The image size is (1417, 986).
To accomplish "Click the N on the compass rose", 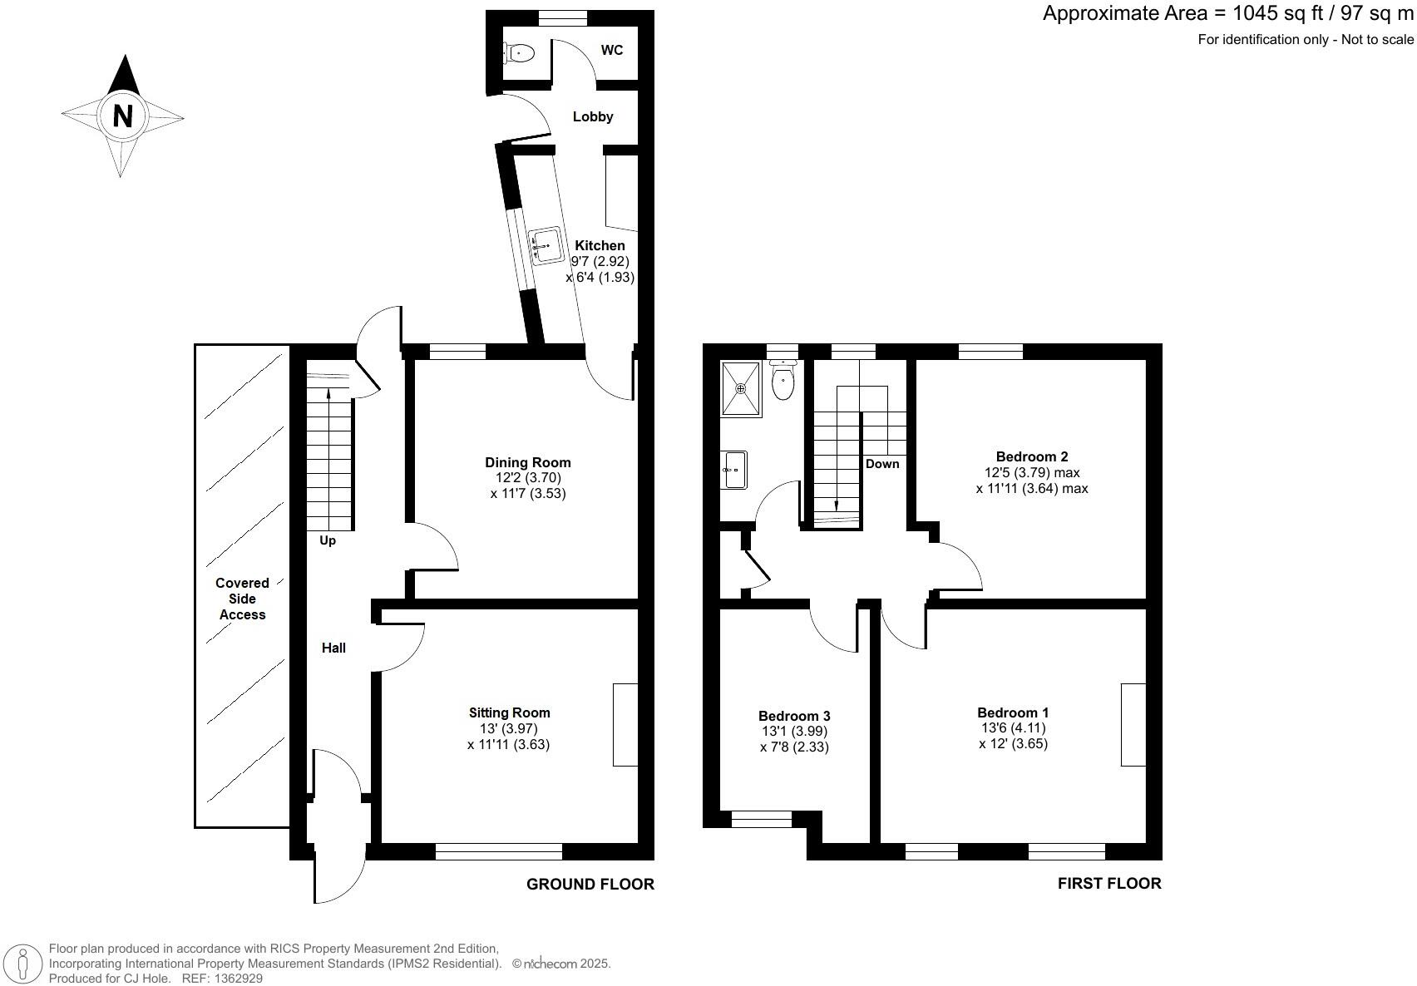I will pyautogui.click(x=122, y=116).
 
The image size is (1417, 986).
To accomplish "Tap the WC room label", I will pyautogui.click(x=612, y=51).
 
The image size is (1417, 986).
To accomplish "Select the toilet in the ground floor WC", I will pyautogui.click(x=519, y=53).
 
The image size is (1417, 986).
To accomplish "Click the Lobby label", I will pyautogui.click(x=593, y=117).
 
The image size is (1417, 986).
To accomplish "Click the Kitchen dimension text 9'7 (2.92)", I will pyautogui.click(x=600, y=261).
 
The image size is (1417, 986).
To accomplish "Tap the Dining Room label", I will pyautogui.click(x=528, y=462).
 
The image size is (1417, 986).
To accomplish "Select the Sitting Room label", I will pyautogui.click(x=509, y=712).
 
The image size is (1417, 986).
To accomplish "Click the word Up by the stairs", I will pyautogui.click(x=328, y=541).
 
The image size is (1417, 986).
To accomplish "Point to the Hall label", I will pyautogui.click(x=333, y=648).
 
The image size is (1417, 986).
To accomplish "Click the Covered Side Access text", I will pyautogui.click(x=242, y=599).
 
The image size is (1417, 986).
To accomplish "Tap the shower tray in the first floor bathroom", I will pyautogui.click(x=741, y=388).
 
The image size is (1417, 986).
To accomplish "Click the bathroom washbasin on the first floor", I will pyautogui.click(x=735, y=470).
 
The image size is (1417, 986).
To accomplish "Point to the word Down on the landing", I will pyautogui.click(x=882, y=464).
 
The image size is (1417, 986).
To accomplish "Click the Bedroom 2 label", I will pyautogui.click(x=1032, y=456).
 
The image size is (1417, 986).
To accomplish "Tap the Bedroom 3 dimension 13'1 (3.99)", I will pyautogui.click(x=794, y=732).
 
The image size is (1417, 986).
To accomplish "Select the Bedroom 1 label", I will pyautogui.click(x=1013, y=712).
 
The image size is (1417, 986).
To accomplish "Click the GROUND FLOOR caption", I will pyautogui.click(x=590, y=885).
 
